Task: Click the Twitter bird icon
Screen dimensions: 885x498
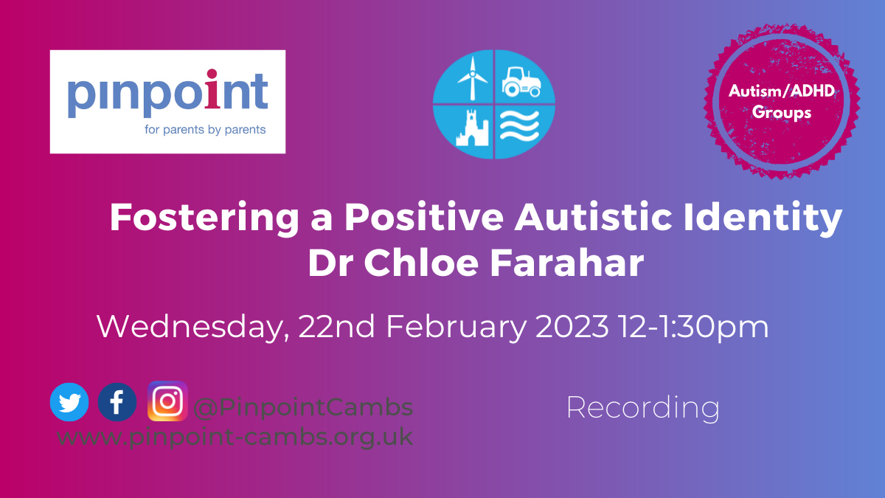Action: [x=69, y=402]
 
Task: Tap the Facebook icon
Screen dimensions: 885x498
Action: [x=117, y=402]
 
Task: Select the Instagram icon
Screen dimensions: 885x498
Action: [x=167, y=401]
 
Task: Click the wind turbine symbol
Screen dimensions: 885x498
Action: [x=472, y=78]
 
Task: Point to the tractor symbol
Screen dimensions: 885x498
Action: [x=521, y=82]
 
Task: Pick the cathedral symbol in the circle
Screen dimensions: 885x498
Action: [x=472, y=128]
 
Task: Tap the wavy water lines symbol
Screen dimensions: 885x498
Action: [x=519, y=125]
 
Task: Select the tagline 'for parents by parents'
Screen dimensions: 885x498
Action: [x=205, y=130]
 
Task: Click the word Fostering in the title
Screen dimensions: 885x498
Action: [x=204, y=218]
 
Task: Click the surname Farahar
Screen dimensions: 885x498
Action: [x=567, y=263]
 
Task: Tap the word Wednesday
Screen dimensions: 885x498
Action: [x=192, y=328]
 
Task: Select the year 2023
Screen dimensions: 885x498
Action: [x=572, y=326]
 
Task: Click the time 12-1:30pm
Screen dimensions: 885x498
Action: [x=694, y=328]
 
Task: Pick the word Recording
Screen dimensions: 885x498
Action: [x=643, y=408]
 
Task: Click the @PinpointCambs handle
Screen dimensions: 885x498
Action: [x=303, y=407]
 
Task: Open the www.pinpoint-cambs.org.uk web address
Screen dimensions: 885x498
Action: [x=235, y=437]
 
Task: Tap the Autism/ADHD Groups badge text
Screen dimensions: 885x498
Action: [x=782, y=102]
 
